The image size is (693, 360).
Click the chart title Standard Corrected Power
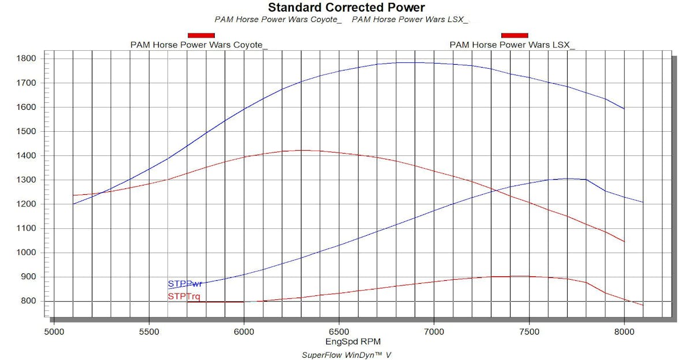(x=346, y=8)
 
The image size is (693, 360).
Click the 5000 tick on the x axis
(x=54, y=332)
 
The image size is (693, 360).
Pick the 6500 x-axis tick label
(x=339, y=332)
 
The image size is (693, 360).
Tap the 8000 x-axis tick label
(x=624, y=332)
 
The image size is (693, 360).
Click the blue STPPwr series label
(x=185, y=284)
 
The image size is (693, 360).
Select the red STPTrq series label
(x=184, y=296)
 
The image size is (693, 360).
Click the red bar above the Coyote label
(x=201, y=36)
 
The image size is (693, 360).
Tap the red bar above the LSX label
(x=515, y=36)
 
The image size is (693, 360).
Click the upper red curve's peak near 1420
(x=301, y=150)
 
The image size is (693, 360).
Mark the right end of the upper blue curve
(x=624, y=109)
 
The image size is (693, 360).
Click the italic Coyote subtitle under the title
(x=278, y=19)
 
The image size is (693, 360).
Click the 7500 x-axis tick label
(x=529, y=332)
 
